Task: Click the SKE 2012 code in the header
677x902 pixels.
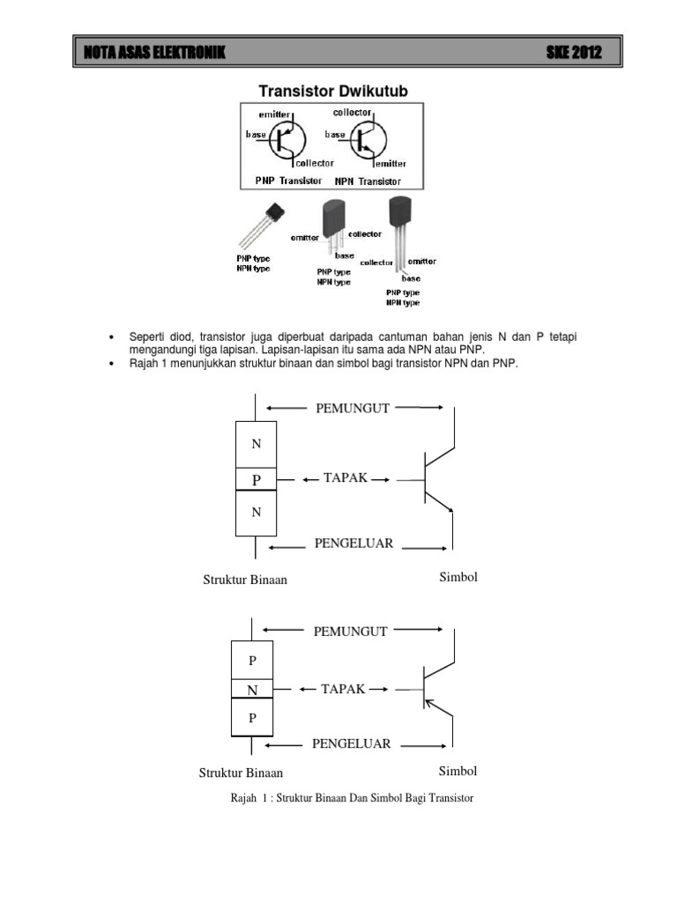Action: tap(574, 54)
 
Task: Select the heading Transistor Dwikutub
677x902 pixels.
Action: tap(332, 91)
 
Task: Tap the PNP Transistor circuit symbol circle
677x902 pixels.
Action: tap(286, 139)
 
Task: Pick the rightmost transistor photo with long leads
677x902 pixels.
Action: tap(399, 229)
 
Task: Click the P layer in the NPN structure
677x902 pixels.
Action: tap(257, 479)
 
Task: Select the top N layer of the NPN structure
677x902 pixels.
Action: tap(257, 444)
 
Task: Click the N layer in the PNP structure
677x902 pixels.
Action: tap(253, 690)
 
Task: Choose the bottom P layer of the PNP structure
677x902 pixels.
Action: tap(253, 718)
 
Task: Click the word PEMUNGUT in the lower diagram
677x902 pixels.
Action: tap(350, 631)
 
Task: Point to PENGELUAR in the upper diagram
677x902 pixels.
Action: tap(353, 543)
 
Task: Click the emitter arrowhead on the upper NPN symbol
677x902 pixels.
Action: tap(450, 507)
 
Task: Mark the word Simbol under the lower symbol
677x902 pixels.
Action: tap(458, 771)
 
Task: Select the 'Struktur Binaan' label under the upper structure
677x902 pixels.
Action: tap(245, 580)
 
